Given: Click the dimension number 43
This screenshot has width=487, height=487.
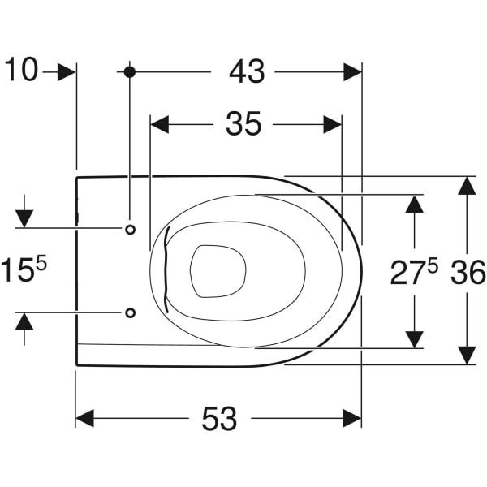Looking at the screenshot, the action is (247, 72).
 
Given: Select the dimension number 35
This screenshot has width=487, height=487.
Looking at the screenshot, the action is (243, 124).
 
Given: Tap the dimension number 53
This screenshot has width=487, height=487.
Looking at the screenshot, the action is (219, 418).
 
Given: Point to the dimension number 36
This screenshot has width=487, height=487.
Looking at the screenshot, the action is (468, 273).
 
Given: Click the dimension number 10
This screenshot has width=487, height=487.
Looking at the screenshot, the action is (21, 70).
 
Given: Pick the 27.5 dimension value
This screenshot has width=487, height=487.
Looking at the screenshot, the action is (414, 272).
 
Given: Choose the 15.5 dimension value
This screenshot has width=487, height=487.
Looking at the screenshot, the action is (24, 269).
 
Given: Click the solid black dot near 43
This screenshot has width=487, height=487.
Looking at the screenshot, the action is (130, 72).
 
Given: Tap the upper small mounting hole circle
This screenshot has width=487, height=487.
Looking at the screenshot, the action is (130, 230).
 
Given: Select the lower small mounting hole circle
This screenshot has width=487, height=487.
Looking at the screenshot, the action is (130, 312).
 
